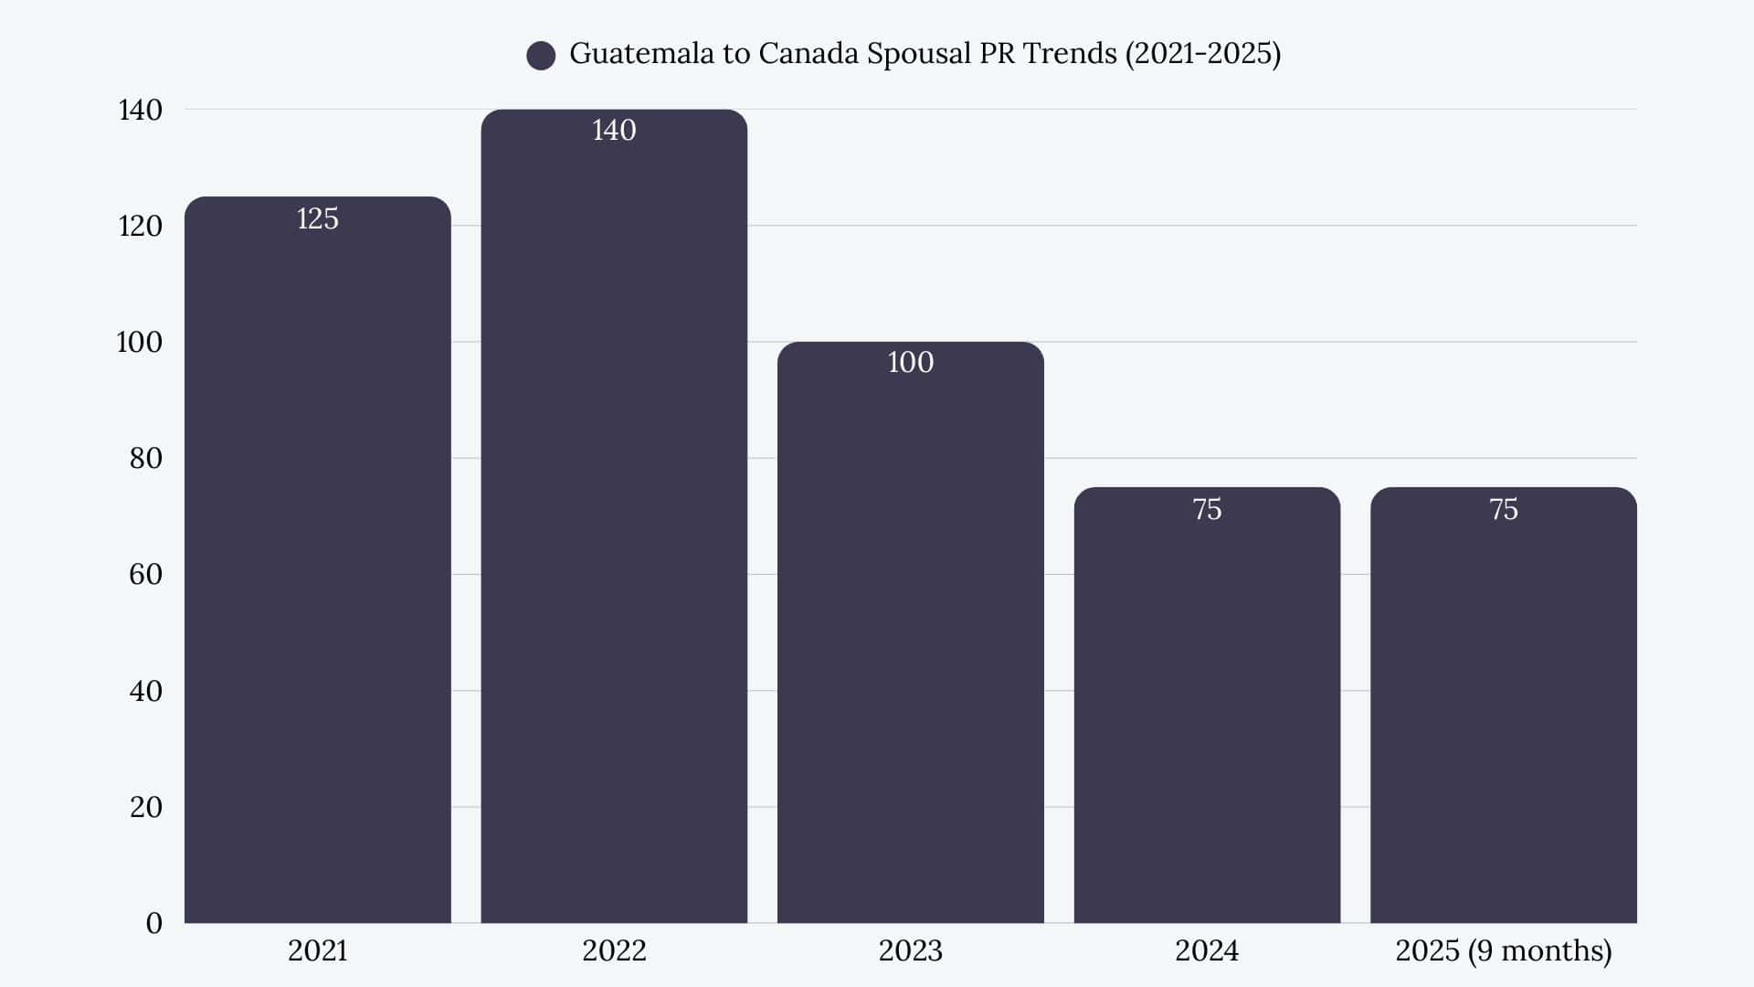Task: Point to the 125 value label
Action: (317, 218)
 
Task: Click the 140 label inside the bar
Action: (614, 130)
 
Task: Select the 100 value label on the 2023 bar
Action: (910, 362)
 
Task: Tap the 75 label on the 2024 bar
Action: (1207, 509)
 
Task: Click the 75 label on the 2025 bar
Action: (1503, 509)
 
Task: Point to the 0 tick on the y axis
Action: (153, 923)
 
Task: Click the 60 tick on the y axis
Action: (145, 574)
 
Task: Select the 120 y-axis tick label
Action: (140, 226)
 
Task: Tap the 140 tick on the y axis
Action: (140, 110)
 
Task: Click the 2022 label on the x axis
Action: (614, 950)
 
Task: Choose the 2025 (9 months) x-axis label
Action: (1503, 950)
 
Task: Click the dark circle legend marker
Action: (541, 56)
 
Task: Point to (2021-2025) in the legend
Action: (1202, 53)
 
